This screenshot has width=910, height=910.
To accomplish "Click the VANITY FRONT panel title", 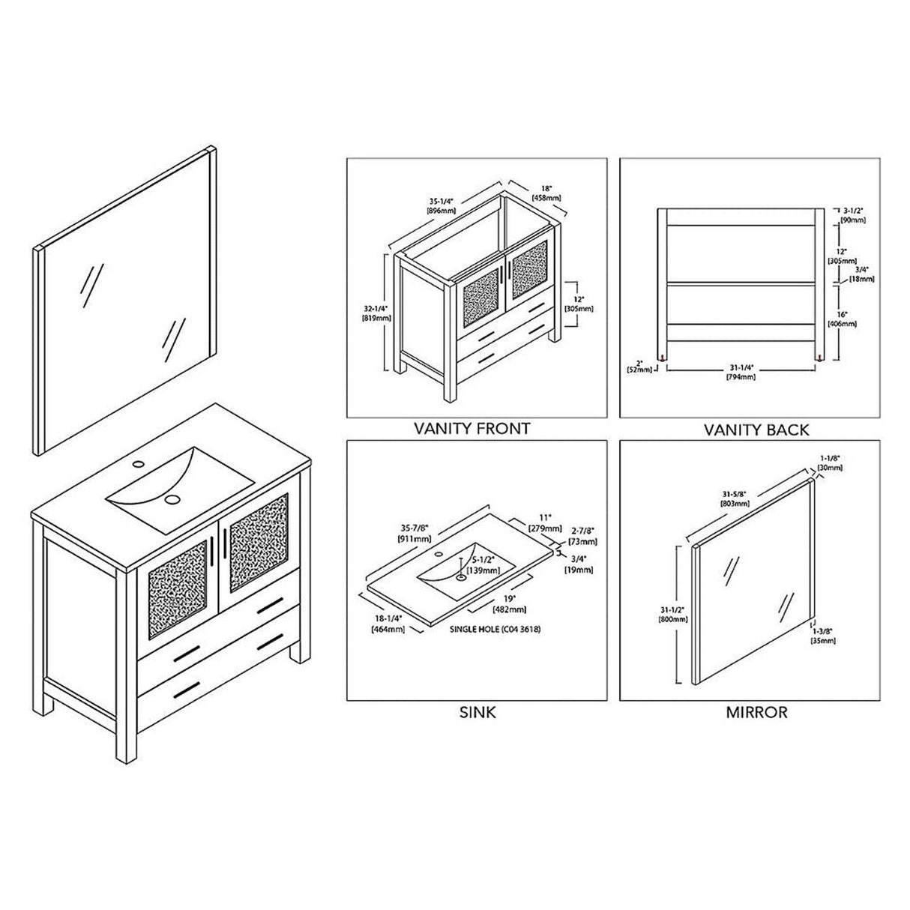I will (x=472, y=429).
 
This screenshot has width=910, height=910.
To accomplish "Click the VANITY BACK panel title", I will (x=756, y=430).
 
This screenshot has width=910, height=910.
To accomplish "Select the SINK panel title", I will (x=477, y=712).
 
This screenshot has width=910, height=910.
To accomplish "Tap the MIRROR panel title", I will (x=756, y=712).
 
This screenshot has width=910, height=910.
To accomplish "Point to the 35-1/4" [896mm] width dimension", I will (x=442, y=206).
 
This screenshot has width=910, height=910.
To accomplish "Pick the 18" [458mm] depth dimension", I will (x=546, y=193).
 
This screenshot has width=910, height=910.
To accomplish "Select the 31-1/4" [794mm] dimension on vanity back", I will (x=740, y=372).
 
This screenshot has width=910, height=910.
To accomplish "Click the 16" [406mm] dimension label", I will (x=843, y=319).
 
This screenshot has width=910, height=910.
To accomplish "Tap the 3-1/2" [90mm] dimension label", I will (x=852, y=216).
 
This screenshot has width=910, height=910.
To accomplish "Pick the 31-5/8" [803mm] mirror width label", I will (x=735, y=498).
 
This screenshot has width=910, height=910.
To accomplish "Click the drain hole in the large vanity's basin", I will (x=174, y=498).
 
